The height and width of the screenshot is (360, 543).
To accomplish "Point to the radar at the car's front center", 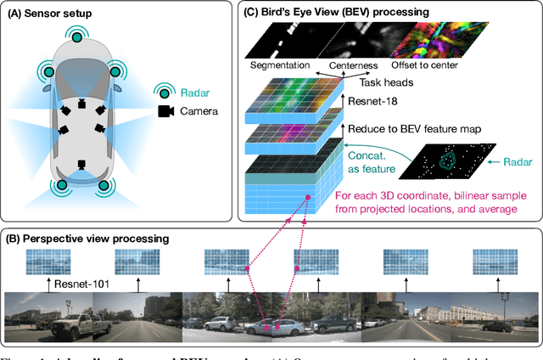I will click(81, 37).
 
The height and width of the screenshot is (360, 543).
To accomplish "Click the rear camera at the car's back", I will click(81, 165).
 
